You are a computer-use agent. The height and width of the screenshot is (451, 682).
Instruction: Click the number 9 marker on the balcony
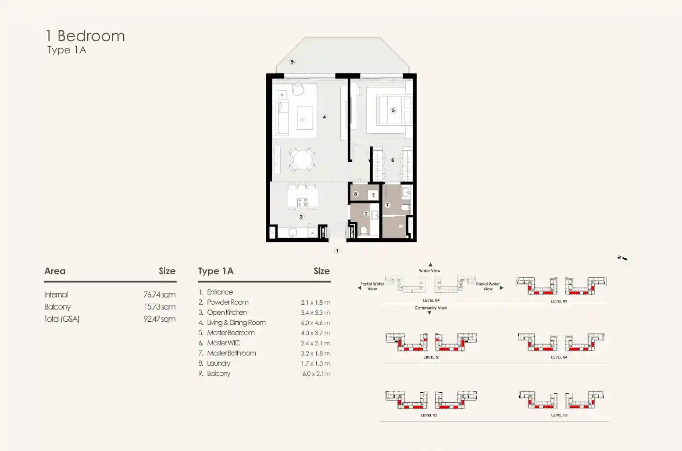[292, 62]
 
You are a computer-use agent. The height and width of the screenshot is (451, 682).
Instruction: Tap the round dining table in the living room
[302, 159]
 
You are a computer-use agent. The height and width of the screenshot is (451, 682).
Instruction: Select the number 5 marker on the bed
[393, 110]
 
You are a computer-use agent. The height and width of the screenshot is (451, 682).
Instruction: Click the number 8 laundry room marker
[355, 194]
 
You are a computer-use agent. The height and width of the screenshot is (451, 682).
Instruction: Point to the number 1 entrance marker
[337, 251]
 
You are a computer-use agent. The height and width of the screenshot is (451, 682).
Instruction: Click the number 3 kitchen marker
[301, 217]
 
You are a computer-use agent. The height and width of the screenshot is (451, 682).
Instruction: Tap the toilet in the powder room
[364, 231]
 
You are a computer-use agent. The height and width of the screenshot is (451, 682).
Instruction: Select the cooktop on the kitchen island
[303, 202]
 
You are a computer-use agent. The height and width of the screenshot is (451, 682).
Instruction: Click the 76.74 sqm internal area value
[159, 295]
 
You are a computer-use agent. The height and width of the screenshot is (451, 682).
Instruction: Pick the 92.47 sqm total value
[159, 319]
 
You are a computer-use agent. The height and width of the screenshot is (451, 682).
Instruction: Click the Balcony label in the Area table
[57, 307]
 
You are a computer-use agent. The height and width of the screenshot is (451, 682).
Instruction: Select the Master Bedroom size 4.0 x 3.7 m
[315, 333]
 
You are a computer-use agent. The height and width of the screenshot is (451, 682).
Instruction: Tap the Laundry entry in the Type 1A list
[218, 363]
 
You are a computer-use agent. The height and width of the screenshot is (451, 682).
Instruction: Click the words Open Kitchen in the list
[227, 313]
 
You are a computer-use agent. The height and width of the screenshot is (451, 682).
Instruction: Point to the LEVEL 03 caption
[559, 301]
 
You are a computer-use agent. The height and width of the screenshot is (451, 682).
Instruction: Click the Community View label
[431, 308]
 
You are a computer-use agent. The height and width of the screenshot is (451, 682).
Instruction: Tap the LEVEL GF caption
[431, 300]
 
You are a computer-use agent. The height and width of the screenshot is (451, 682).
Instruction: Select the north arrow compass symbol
[622, 258]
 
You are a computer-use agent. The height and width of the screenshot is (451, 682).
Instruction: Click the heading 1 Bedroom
[85, 36]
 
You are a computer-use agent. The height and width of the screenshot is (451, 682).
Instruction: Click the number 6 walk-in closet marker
[393, 160]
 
